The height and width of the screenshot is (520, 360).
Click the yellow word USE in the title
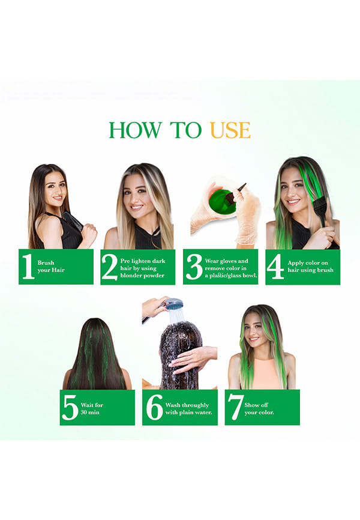(x=230, y=130)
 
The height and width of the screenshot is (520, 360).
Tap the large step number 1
(x=28, y=266)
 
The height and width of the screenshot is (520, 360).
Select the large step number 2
(x=110, y=267)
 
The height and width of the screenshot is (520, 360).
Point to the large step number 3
(x=194, y=267)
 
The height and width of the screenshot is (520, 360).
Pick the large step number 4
(x=275, y=267)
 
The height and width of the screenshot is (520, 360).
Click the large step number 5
(x=70, y=408)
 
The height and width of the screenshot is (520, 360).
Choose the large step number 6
(x=154, y=407)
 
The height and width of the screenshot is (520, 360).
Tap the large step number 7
(x=235, y=408)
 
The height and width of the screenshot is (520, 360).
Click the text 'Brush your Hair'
(x=51, y=266)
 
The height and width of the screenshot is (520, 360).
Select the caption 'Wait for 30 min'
(x=92, y=408)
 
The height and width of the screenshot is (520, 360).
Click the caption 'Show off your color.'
(x=259, y=408)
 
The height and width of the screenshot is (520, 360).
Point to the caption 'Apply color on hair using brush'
(x=310, y=266)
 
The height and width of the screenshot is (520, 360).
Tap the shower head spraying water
(x=174, y=303)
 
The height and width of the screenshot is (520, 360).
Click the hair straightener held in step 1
(x=74, y=221)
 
